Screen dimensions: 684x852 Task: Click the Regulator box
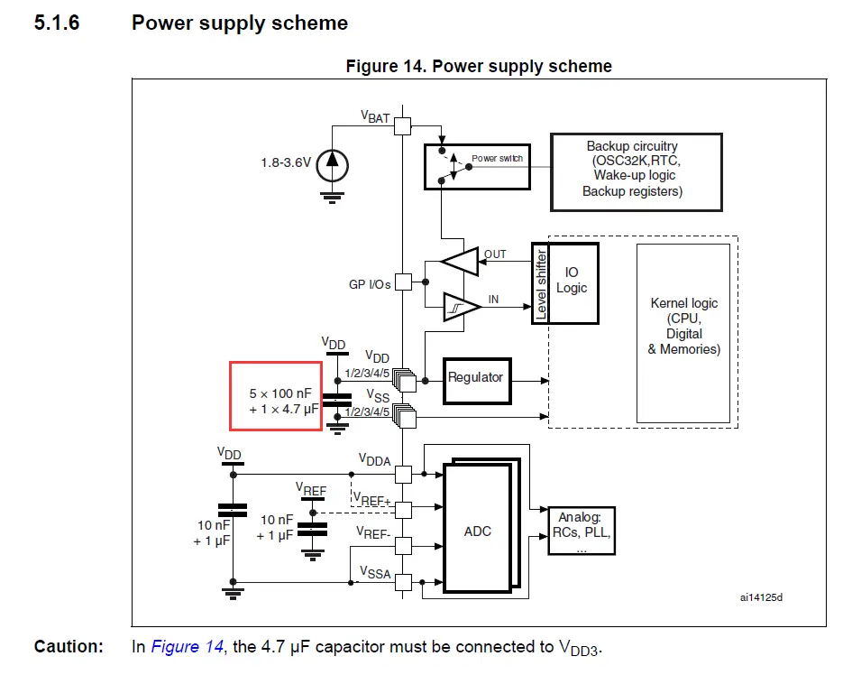pos(475,377)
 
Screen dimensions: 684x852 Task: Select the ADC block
pos(477,531)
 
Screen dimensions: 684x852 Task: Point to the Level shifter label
pos(541,283)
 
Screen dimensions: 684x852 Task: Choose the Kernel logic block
pos(683,326)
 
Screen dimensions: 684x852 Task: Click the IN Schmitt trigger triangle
pos(461,308)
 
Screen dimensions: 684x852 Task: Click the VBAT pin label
pos(375,116)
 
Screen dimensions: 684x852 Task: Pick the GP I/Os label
pos(370,284)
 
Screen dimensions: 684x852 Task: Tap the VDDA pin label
pos(374,461)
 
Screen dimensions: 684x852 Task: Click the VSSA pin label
pos(374,572)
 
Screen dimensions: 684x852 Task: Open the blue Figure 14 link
pos(187,647)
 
